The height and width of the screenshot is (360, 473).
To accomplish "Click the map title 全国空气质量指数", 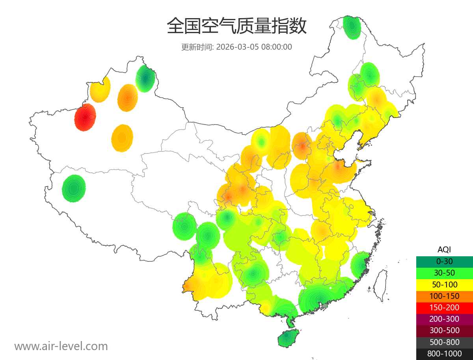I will click(x=236, y=26).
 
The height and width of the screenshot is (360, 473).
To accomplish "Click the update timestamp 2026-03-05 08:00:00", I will click(x=236, y=47).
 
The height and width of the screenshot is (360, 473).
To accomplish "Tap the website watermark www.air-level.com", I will click(x=61, y=346).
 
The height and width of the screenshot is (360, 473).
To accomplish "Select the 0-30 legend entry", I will click(x=444, y=261).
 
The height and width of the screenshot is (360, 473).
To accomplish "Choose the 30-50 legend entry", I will click(x=444, y=273).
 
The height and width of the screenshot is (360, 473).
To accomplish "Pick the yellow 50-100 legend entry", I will click(x=444, y=284).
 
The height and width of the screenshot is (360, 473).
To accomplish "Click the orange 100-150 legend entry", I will click(x=444, y=296).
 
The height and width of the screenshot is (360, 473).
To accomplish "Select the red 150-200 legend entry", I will click(x=444, y=308).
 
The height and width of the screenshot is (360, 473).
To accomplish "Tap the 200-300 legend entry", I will click(x=444, y=319).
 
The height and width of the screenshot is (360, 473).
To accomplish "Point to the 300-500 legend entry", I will click(x=444, y=330).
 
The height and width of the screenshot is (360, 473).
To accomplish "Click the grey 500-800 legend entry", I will click(x=444, y=342).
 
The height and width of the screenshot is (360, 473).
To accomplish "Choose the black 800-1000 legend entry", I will click(x=444, y=354).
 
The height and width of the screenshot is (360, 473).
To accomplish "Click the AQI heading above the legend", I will click(x=444, y=250).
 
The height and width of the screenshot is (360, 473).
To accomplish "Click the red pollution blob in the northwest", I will click(x=85, y=117).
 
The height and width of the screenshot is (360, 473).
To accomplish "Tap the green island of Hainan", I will click(x=288, y=339).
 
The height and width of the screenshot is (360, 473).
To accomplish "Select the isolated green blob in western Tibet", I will click(x=74, y=188).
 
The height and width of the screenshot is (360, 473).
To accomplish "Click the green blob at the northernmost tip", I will click(x=351, y=27).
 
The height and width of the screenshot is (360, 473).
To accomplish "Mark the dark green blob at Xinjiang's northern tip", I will click(x=145, y=78).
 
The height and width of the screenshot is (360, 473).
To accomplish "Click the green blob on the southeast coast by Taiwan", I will click(x=360, y=265).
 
